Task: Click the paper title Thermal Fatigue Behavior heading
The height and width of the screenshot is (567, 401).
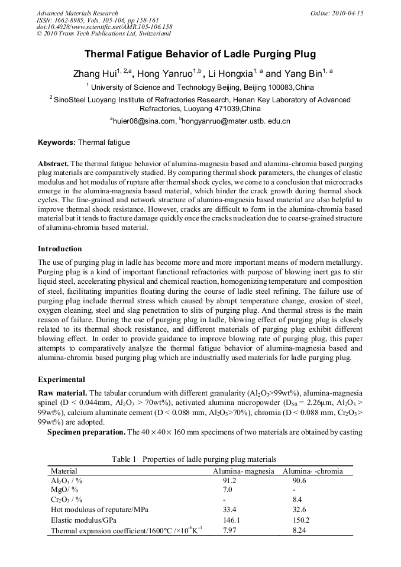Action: click(x=200, y=54)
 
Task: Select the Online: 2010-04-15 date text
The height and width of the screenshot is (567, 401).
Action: click(x=337, y=13)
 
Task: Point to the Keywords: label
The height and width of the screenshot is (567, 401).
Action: click(x=56, y=142)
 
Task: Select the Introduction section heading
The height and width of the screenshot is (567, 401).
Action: click(x=60, y=248)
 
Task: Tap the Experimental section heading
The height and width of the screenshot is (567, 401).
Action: click(x=62, y=379)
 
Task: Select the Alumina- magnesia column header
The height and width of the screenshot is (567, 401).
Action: click(x=243, y=471)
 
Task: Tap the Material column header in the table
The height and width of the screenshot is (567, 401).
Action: click(x=64, y=471)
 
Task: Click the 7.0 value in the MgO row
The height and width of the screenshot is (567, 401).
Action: click(x=228, y=490)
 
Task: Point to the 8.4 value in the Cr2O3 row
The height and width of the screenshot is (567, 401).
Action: click(x=299, y=500)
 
